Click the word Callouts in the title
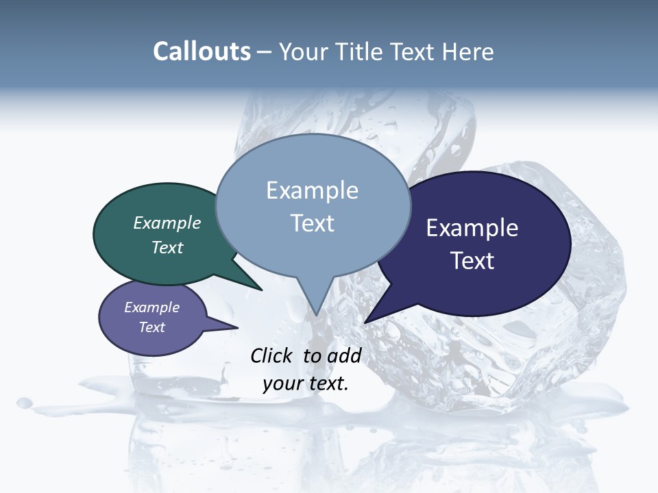point(202,51)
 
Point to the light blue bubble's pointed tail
point(316,308)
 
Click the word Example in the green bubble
point(167,223)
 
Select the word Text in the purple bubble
point(152,327)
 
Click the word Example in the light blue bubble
point(313,190)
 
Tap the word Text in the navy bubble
point(472,261)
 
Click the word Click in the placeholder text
point(273,355)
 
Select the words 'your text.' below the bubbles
point(306,383)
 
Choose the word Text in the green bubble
point(167,247)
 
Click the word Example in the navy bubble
point(472,228)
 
